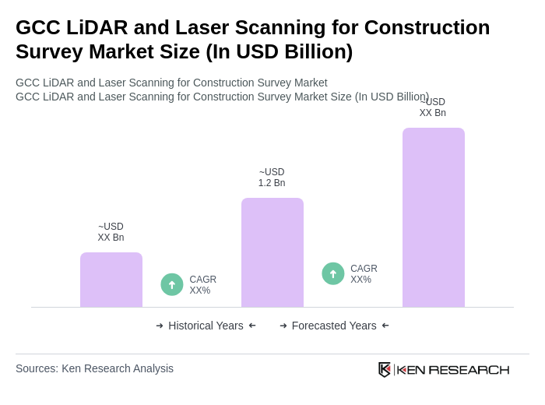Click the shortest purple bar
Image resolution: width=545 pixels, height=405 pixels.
[111, 280]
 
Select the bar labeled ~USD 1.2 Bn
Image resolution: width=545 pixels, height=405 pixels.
[272, 252]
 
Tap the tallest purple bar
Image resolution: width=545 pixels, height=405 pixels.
[433, 217]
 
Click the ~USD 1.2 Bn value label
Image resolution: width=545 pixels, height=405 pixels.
[272, 178]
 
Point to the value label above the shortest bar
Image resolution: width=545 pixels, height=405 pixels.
[111, 232]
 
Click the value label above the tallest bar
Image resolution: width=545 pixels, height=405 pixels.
[433, 107]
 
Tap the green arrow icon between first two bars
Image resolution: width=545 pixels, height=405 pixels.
[172, 284]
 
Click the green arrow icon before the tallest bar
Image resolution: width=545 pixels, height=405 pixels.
[333, 273]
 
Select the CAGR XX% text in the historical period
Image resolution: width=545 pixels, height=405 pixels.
[202, 285]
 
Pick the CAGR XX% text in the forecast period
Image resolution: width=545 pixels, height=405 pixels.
[364, 274]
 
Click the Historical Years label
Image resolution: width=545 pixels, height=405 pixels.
[206, 326]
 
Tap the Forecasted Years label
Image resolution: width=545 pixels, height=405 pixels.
[334, 326]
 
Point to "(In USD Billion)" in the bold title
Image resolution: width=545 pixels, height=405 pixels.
[279, 51]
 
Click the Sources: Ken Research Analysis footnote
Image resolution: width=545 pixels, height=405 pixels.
[94, 368]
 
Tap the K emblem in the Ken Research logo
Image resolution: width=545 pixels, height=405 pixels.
[385, 369]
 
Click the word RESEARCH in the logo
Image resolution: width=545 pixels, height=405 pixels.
[469, 369]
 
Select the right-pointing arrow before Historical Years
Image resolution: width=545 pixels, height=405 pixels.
[160, 326]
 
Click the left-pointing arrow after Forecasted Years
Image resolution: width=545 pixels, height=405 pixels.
[385, 326]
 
